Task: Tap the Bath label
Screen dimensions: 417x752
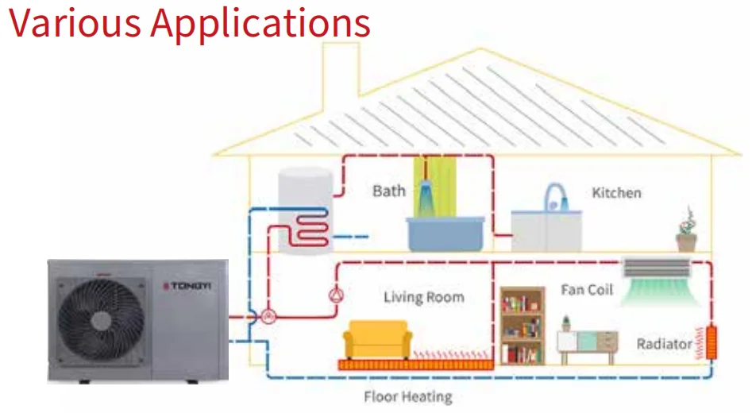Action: [388, 191]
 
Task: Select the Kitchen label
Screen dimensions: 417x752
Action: [616, 193]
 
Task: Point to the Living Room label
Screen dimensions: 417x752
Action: [423, 298]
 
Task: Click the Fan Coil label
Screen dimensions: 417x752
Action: [587, 290]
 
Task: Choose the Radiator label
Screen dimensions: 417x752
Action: [663, 344]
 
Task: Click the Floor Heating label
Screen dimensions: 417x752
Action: [407, 397]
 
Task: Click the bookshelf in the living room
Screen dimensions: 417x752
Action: [523, 325]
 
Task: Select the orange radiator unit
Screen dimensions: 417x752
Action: [712, 342]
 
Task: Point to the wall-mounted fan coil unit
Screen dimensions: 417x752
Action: [656, 268]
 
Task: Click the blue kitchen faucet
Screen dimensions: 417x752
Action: [553, 196]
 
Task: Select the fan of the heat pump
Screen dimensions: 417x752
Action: [100, 319]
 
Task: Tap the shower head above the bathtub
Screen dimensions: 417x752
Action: [426, 190]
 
